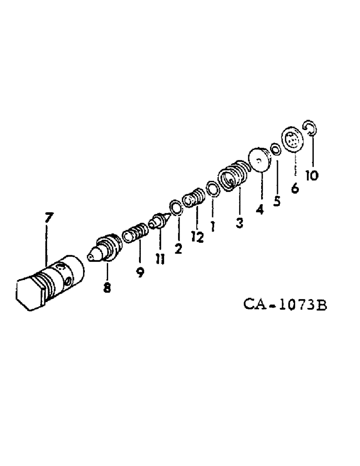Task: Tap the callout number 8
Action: tap(107, 288)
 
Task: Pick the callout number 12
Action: tap(197, 237)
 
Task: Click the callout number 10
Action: tap(312, 175)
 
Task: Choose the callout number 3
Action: tap(239, 223)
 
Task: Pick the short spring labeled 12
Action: tap(193, 198)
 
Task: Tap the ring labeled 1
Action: tap(212, 189)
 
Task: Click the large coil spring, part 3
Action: tap(233, 176)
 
